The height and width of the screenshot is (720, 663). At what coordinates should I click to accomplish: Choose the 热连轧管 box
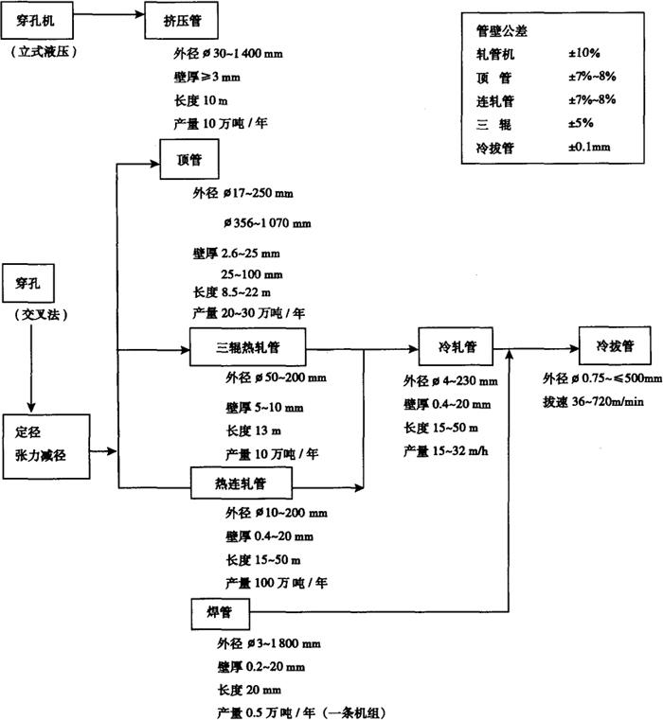[x=240, y=483]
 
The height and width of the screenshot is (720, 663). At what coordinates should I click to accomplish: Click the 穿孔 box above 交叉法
[x=29, y=282]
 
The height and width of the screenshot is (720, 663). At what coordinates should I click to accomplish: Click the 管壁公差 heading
[x=502, y=30]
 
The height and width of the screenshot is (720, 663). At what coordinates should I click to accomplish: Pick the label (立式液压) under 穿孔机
[x=43, y=50]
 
